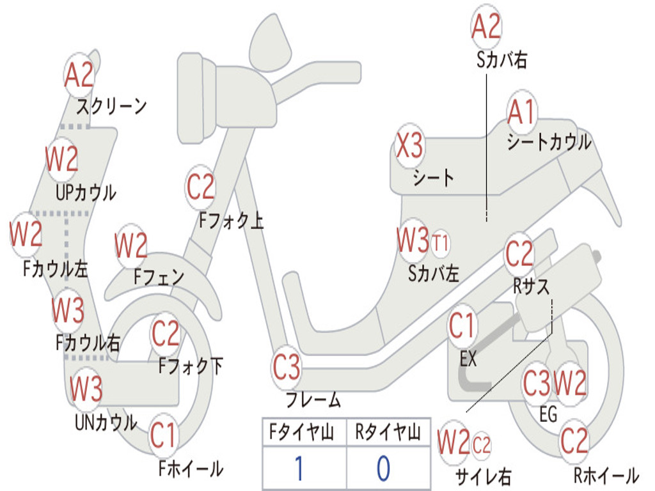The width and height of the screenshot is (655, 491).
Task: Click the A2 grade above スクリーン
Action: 79,75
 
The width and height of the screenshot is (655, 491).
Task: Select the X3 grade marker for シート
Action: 409,146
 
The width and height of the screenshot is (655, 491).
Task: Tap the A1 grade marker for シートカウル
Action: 521,112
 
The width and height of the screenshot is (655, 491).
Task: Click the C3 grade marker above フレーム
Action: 287,367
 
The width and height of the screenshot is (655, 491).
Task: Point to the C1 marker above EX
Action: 462,325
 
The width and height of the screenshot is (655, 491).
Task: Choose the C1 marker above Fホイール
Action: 163,435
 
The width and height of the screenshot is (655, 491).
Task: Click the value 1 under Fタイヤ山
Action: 299,468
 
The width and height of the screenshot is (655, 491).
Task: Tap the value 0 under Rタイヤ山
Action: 384,468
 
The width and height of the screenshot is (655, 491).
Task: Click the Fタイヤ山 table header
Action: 302,432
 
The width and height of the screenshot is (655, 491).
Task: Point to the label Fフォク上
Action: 232,220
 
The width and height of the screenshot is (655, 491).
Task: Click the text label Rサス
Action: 531,286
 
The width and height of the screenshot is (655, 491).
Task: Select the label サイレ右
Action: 483,476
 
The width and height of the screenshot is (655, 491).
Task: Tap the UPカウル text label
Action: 86,192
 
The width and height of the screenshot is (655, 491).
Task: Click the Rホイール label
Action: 606,475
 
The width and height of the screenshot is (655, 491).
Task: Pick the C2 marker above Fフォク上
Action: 200,187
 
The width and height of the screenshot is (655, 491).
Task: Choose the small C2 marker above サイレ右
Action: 481,444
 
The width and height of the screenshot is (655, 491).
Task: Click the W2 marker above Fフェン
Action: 130,245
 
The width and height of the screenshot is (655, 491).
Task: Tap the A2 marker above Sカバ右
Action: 486,27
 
